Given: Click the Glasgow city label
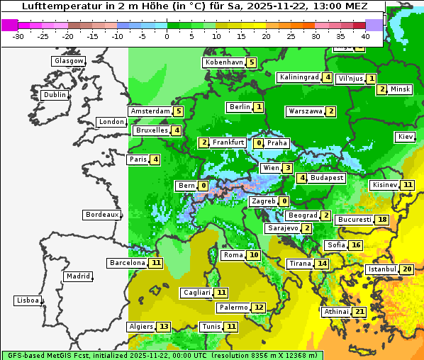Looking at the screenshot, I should coord(69,61).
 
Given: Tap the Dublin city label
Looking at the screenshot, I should coord(55,95).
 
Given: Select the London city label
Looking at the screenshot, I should coord(111,122).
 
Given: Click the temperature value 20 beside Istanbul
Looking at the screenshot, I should coord(407,269).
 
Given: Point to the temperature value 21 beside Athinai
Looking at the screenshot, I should coord(359,312).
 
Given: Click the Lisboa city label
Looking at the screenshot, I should coord(28,300).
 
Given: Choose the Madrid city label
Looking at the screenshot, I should coord(78,276).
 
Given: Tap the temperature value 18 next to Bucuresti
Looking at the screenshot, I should coord(382,220).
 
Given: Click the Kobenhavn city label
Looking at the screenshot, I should coord(223,62).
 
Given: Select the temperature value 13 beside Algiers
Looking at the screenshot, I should coord(164,327).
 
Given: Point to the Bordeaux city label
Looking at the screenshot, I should coord(102,215).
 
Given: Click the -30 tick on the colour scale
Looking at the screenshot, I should coord(18,35).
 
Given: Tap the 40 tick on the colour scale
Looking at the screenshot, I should coord(366,35).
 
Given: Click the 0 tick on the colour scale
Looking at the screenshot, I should coord(167,35).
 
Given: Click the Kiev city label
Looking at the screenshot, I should coord(406,137).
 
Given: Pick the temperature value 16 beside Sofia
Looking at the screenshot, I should coord(356,245).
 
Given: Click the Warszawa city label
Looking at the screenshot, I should coord(306,111).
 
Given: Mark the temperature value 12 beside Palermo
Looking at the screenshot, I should coord(259,308).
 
